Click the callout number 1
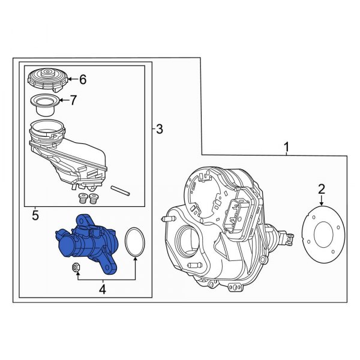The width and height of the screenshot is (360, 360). [x=287, y=147]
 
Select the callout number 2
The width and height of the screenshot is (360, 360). [x=322, y=190]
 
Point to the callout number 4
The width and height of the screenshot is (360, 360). [x=102, y=289]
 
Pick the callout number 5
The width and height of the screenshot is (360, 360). [x=35, y=215]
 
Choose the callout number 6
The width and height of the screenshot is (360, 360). [x=83, y=79]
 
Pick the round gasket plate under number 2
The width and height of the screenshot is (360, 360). [x=320, y=235]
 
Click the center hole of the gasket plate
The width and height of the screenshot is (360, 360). [x=323, y=235]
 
